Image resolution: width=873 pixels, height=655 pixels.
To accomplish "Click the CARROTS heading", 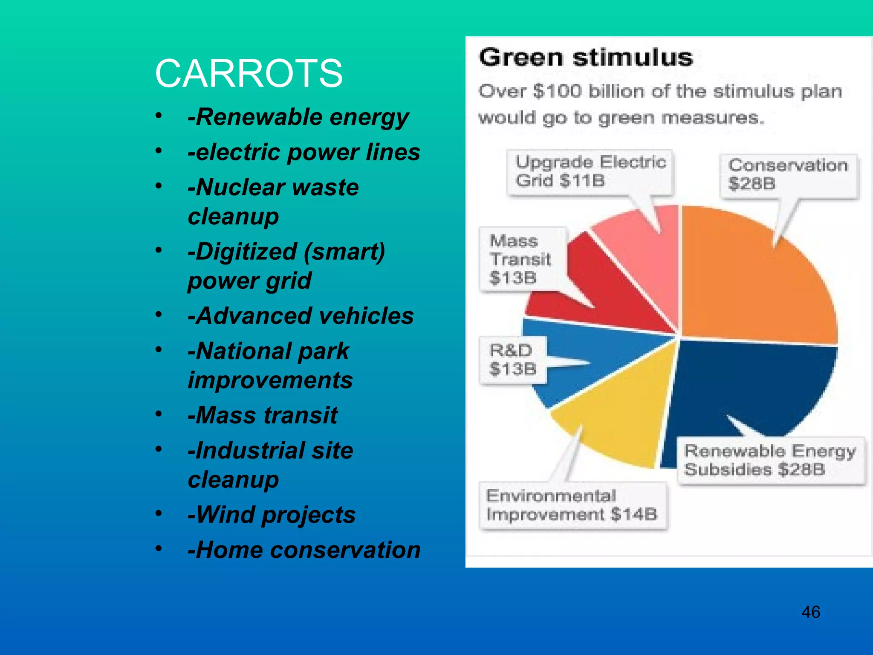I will click(249, 74).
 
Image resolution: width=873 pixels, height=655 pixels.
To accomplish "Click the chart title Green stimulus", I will click(586, 57).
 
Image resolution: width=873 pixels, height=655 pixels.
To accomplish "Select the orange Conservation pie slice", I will click(750, 290).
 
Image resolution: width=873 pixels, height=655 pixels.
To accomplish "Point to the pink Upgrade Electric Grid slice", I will click(639, 239).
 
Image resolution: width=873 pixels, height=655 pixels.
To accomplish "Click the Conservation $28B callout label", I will click(788, 174).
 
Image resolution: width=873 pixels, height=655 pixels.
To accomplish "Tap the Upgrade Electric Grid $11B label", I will click(590, 171).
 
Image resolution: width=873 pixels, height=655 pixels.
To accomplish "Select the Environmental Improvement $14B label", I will click(572, 505).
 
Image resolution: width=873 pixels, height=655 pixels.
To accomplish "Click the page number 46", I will click(810, 612).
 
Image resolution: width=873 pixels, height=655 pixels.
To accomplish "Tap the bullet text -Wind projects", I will click(272, 515).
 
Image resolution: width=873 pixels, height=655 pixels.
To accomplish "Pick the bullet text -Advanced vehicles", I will click(301, 316).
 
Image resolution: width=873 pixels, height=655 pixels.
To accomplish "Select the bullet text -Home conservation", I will click(304, 550).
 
